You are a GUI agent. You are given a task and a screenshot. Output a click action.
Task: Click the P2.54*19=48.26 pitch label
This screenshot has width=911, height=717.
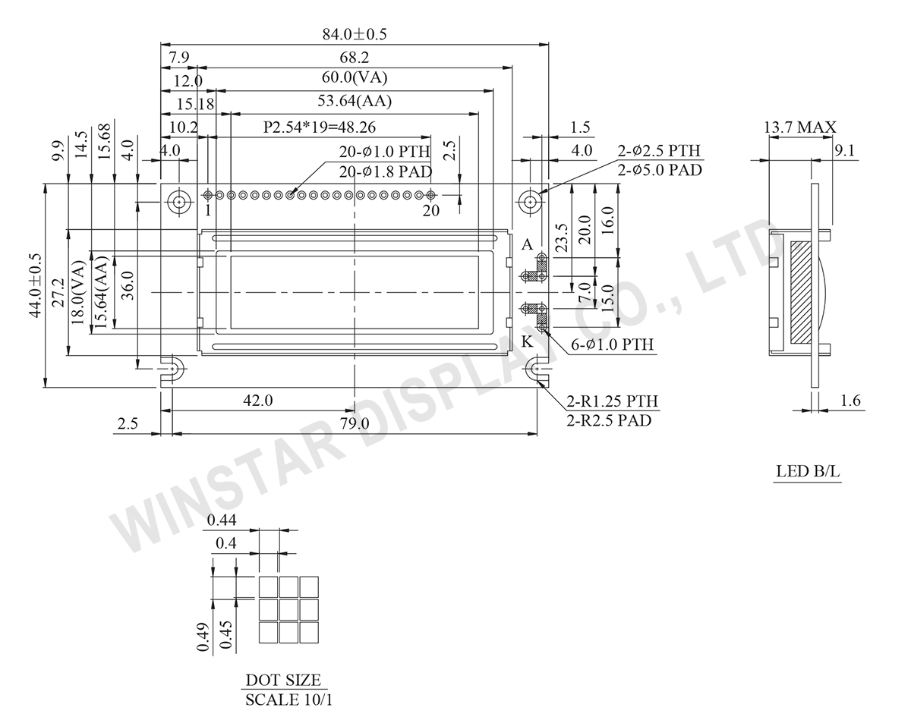coord(320,127)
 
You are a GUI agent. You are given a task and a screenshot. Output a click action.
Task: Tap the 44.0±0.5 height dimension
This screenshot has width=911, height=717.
coord(35,285)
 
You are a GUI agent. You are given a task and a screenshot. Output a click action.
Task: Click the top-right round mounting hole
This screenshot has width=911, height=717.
coord(530,202)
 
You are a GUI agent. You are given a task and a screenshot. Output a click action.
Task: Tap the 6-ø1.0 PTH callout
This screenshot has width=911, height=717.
coord(613,345)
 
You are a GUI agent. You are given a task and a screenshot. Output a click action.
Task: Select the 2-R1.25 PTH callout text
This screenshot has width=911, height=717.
coord(613,401)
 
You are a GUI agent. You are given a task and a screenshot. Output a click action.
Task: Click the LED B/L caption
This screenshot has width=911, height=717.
coord(808,471)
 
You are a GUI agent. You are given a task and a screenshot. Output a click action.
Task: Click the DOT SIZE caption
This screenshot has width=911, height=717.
coord(283,680)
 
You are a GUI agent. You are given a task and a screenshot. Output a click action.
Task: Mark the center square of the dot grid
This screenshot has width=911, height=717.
coord(288,609)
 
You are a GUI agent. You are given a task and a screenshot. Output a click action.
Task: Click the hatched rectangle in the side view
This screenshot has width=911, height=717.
coord(800,291)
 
